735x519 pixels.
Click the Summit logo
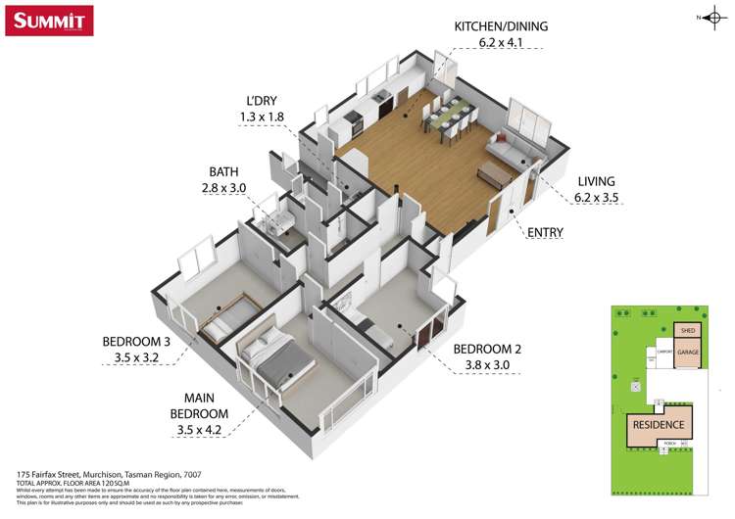click(49, 21)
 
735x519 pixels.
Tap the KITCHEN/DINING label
click(501, 25)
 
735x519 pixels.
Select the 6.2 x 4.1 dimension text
click(501, 43)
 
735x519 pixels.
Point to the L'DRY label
click(262, 100)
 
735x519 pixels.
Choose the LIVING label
click(596, 181)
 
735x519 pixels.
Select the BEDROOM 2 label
click(486, 349)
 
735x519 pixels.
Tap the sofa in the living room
click(516, 148)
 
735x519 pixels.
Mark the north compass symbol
click(712, 17)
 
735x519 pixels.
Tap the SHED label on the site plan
click(687, 331)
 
